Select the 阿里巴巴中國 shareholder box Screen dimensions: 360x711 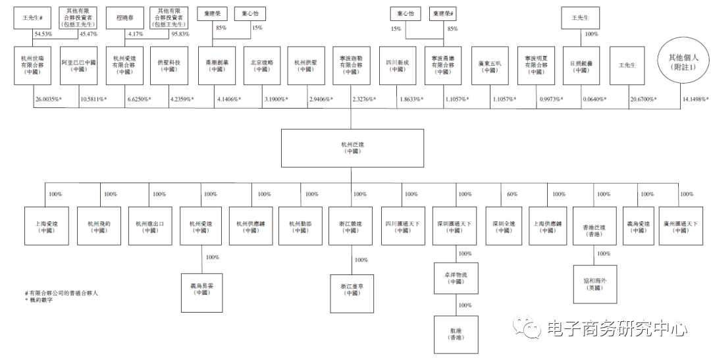[79, 66]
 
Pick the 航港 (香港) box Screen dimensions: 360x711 [456, 334]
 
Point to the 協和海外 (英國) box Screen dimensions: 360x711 [595, 284]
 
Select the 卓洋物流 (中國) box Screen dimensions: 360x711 [456, 278]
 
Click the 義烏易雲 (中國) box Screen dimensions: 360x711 [202, 289]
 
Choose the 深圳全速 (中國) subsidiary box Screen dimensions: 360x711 [504, 227]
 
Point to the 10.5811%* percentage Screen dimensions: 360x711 [93, 99]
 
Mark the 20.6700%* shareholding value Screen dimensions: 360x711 [644, 99]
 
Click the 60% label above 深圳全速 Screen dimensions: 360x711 [513, 194]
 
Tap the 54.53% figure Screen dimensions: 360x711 [43, 34]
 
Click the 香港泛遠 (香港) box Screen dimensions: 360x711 [594, 227]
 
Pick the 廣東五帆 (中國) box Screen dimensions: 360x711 [490, 66]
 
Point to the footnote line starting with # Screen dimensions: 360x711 [62, 293]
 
